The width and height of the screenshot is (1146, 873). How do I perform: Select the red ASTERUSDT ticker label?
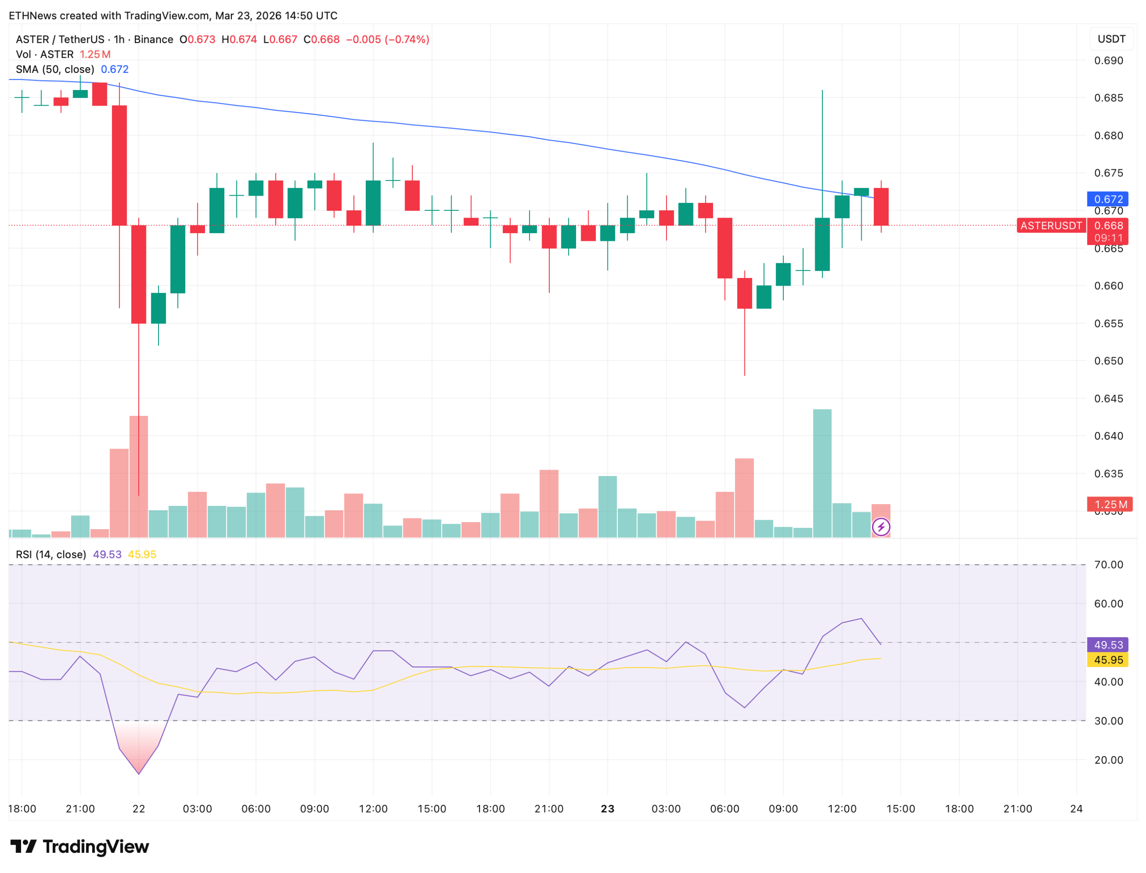[1050, 226]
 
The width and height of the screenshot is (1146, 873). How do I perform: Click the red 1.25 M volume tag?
[1109, 504]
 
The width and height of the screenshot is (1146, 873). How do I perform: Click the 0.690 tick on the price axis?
[1108, 61]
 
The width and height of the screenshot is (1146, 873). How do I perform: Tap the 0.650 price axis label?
[1108, 361]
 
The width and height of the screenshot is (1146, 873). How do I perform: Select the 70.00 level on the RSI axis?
[1108, 565]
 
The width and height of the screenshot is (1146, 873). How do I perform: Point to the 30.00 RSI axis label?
[1108, 721]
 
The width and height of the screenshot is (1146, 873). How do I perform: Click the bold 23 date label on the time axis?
[607, 809]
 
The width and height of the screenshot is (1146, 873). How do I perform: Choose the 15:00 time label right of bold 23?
[900, 809]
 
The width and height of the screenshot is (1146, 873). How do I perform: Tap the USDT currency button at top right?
[1111, 39]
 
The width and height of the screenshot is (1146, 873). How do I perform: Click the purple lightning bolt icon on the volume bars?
[881, 527]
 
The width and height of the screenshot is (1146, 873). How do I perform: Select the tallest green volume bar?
[822, 473]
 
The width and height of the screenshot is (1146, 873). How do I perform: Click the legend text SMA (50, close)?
[55, 69]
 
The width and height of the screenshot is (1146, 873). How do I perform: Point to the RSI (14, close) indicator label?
[51, 554]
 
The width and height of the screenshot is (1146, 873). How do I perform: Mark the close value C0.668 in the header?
[321, 39]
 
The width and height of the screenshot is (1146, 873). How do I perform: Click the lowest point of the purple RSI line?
[139, 774]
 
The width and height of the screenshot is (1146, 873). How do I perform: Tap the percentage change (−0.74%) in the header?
[407, 39]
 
